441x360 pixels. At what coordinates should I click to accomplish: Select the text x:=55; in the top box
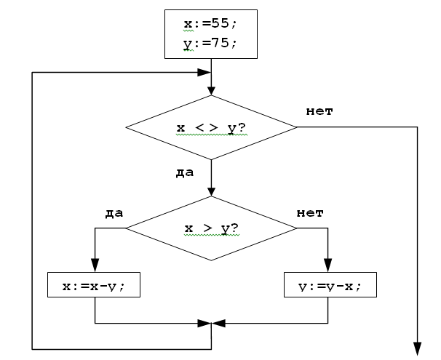click(211, 24)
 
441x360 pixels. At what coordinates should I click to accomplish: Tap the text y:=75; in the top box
click(211, 44)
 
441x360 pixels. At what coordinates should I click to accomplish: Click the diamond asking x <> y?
click(211, 128)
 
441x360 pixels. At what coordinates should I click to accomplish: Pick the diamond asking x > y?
click(211, 228)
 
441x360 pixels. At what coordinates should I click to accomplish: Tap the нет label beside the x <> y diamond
click(319, 111)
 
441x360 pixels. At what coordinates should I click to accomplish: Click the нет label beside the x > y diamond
click(311, 212)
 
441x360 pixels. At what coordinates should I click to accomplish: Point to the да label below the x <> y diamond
click(185, 173)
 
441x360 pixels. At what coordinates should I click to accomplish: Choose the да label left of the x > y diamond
click(114, 212)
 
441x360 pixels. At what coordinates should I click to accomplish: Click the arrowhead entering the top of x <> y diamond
click(211, 92)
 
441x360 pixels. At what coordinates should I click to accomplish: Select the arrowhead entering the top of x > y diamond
click(211, 192)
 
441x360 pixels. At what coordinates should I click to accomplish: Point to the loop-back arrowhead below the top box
click(204, 73)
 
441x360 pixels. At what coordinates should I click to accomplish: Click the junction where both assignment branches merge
click(211, 322)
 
